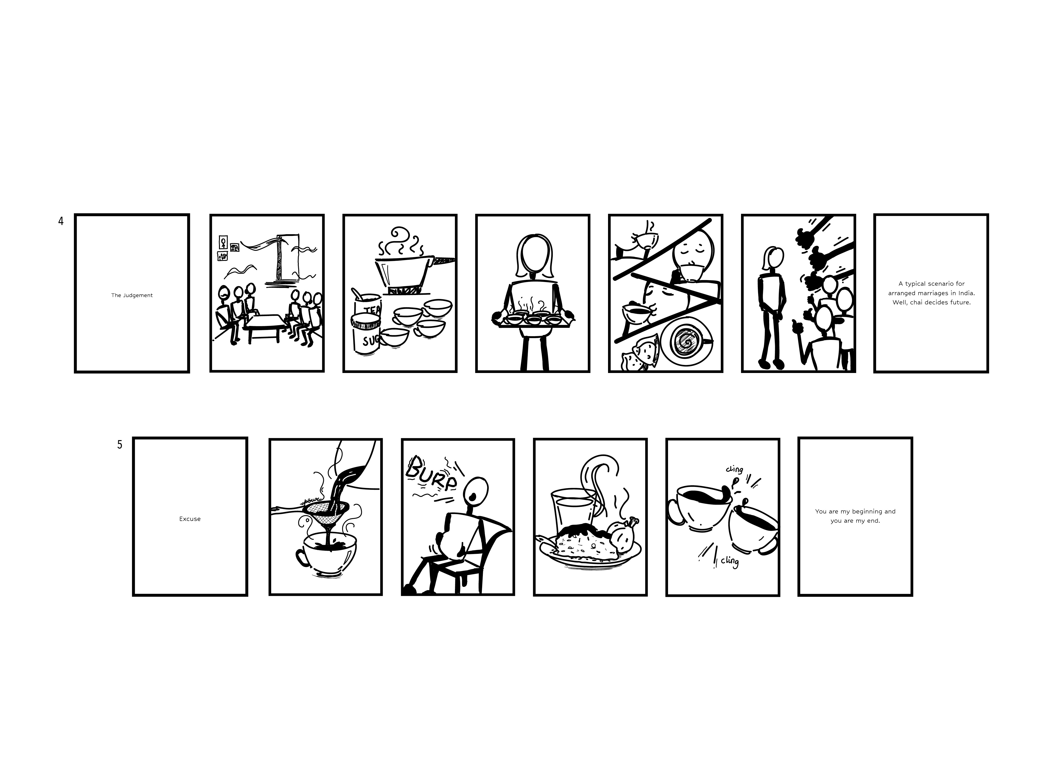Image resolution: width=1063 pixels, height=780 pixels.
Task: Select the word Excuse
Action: [x=190, y=519]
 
